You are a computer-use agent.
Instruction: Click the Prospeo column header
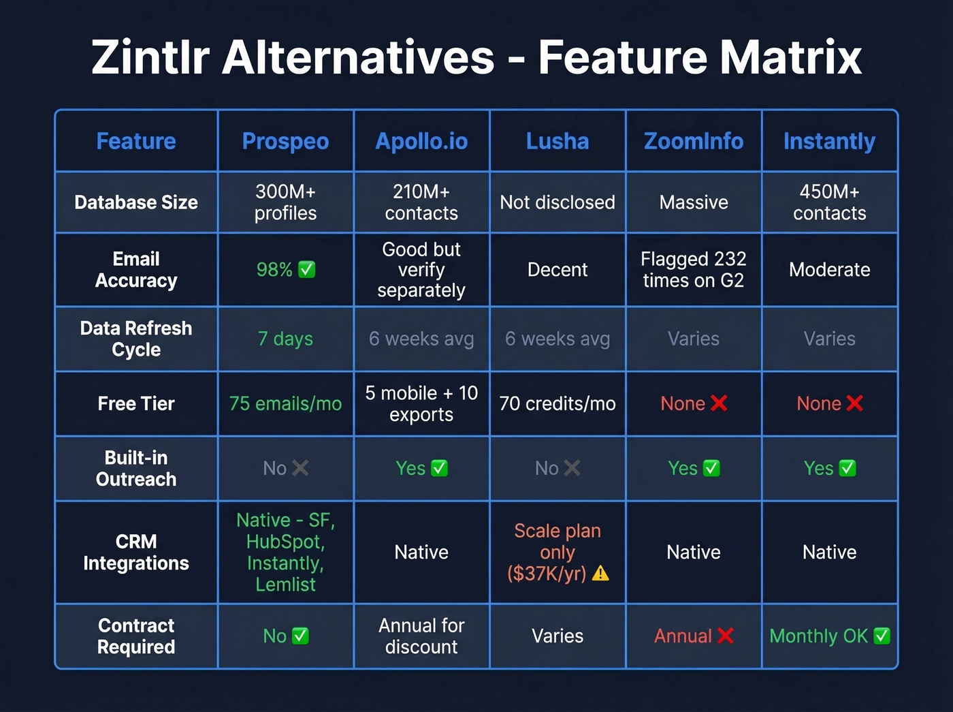[x=285, y=141]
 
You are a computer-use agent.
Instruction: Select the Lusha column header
[x=558, y=141]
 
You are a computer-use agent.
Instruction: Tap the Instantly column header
[x=829, y=141]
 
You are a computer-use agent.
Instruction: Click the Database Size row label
[x=136, y=202]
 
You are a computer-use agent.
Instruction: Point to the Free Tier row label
[x=136, y=403]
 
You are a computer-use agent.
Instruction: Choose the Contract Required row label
[x=136, y=636]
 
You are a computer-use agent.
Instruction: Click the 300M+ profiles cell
[x=285, y=202]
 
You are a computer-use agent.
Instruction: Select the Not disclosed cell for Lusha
[x=558, y=202]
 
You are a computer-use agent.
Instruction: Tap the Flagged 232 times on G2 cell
[x=693, y=269]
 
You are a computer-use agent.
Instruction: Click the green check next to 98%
[x=307, y=270]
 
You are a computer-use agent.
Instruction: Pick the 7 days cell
[x=285, y=339]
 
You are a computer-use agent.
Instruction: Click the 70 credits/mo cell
[x=558, y=403]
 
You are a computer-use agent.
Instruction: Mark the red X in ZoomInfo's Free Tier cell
[x=719, y=403]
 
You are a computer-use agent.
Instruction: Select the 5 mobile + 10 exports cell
[x=421, y=403]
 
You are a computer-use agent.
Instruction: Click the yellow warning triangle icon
[x=600, y=574]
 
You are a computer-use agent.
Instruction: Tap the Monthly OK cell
[x=829, y=636]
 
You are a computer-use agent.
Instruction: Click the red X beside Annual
[x=726, y=636]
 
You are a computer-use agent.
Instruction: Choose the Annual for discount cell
[x=421, y=636]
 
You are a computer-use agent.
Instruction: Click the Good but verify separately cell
[x=421, y=269]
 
